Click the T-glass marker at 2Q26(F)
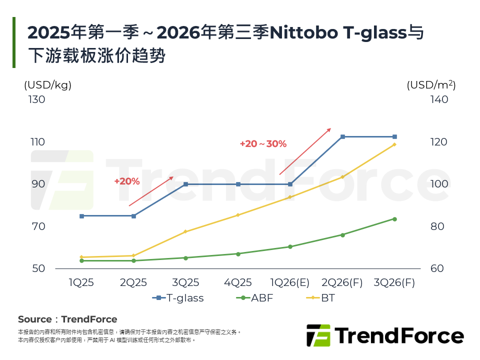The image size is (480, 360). (342, 136)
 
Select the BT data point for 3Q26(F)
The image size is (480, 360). (394, 144)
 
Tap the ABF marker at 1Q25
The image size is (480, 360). (81, 260)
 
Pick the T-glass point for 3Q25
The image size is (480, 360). (185, 184)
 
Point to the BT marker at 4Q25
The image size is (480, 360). (238, 215)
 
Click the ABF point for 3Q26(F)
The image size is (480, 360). (394, 219)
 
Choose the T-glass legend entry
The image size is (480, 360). (178, 298)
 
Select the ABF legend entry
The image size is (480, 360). (254, 298)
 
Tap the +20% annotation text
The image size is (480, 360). (127, 181)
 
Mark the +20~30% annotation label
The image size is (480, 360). (263, 144)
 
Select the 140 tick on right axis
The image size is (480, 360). (439, 99)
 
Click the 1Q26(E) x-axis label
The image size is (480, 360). (290, 282)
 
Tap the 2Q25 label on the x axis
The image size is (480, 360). (133, 282)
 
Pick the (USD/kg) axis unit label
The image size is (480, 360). (48, 85)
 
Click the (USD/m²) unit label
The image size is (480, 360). (431, 85)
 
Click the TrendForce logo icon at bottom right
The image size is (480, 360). (318, 335)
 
